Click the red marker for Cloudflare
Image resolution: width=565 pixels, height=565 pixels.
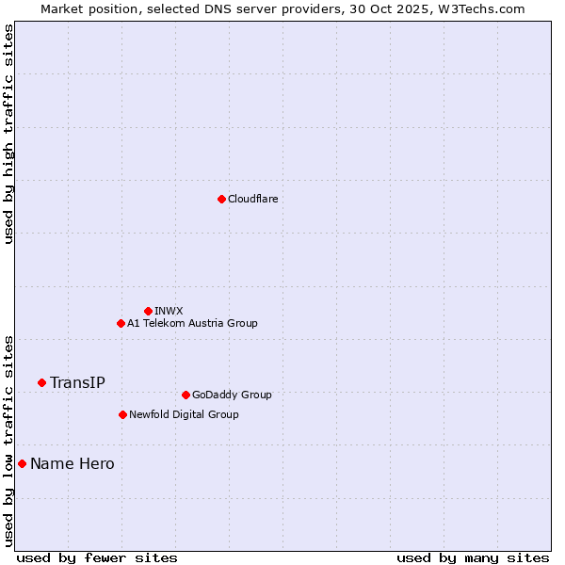(x=221, y=199)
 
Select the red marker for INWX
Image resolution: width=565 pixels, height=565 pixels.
(x=148, y=311)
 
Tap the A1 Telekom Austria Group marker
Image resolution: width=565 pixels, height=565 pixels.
(x=121, y=323)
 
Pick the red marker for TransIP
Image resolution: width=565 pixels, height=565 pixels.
(x=41, y=382)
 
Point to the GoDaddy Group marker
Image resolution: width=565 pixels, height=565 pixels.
(x=186, y=395)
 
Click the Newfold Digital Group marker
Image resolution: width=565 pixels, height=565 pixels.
(x=122, y=414)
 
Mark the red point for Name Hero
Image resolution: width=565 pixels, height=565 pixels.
(x=22, y=463)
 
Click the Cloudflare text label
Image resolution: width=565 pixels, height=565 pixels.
(x=252, y=199)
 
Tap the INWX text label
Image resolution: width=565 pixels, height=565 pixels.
(x=169, y=311)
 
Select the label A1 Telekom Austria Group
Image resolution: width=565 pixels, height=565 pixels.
(x=192, y=323)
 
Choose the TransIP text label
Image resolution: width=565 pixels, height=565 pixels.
(x=77, y=382)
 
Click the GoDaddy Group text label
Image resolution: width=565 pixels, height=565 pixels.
(x=232, y=395)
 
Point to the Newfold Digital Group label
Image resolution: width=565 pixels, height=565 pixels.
(x=184, y=414)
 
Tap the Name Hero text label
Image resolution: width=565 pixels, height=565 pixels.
(x=73, y=463)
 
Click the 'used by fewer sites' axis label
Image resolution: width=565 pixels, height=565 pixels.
(x=97, y=557)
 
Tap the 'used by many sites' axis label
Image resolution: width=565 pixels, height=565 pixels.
(x=473, y=557)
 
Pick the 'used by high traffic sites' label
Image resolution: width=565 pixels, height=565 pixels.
(x=8, y=134)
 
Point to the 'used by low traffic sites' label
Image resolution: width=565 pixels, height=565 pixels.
(x=8, y=441)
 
